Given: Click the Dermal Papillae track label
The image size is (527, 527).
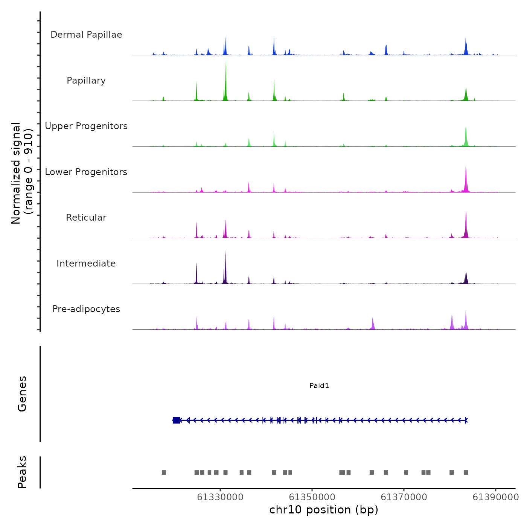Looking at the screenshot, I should click(86, 35).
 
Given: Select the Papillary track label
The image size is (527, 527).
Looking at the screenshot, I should click(86, 81).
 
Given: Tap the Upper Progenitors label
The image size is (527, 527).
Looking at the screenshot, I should click(86, 126).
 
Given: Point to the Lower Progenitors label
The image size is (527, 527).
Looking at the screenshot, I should click(86, 172).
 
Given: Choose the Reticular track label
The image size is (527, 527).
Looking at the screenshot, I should click(86, 218).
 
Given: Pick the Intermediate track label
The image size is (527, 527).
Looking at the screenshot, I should click(86, 263).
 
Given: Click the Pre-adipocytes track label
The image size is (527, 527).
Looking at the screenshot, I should click(86, 309).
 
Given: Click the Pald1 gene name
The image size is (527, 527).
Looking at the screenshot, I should click(319, 385).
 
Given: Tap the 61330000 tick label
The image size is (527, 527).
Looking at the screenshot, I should click(220, 497).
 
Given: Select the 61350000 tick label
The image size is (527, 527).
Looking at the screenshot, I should click(312, 497).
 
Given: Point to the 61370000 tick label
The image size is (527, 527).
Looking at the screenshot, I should click(404, 497).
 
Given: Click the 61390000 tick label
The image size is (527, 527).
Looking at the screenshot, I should click(495, 497).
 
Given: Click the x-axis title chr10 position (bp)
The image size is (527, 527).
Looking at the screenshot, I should click(324, 510).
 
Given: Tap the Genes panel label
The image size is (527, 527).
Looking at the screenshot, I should click(22, 394).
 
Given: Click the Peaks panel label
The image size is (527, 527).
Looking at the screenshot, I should click(22, 472).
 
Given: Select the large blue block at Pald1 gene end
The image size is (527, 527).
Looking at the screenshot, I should click(176, 420).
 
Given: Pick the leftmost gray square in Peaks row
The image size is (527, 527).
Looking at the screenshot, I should click(164, 472).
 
